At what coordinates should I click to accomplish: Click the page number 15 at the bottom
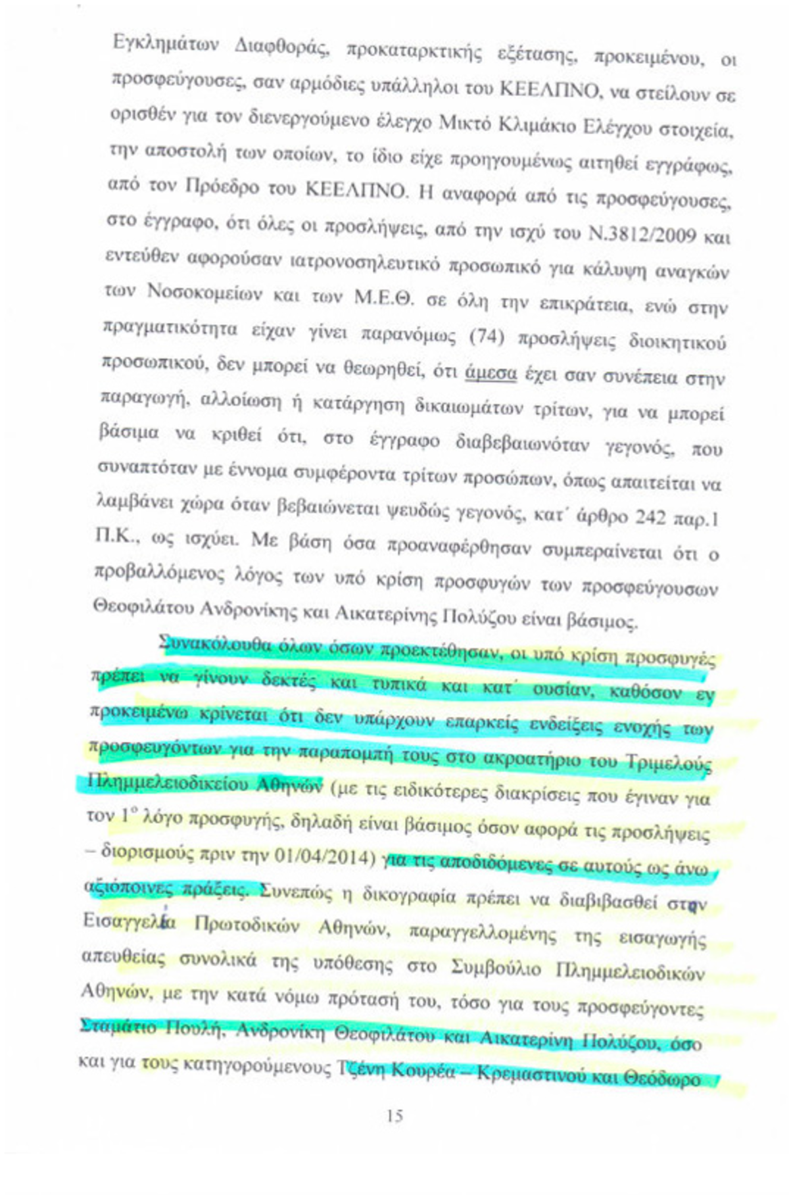pyautogui.click(x=395, y=1116)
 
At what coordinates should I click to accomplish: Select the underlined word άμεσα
pyautogui.click(x=490, y=373)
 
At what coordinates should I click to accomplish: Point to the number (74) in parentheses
pyautogui.click(x=487, y=337)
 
